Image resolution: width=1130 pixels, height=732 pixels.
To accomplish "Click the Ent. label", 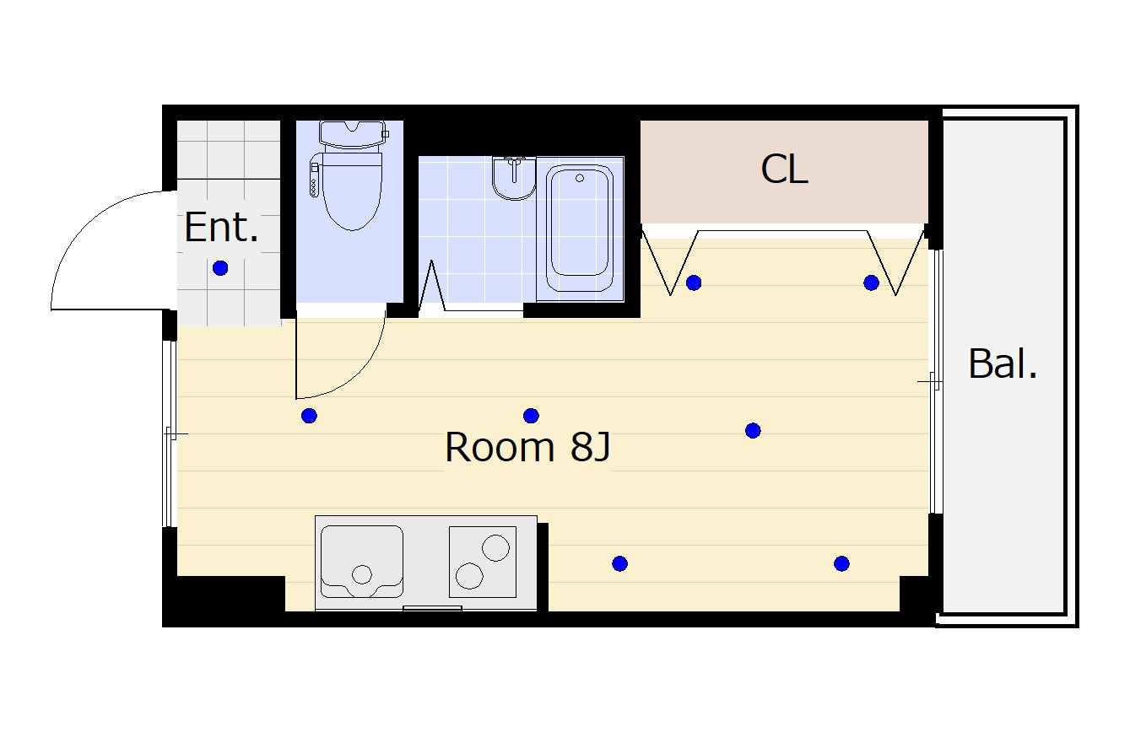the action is coord(221,227).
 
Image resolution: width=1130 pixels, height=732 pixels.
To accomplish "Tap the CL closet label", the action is coord(785,170).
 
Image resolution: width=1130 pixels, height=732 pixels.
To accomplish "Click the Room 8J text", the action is coord(527,447).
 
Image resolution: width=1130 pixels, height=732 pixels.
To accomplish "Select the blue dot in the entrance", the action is coord(220,267).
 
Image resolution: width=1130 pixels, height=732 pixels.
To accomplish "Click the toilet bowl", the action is coord(352,191).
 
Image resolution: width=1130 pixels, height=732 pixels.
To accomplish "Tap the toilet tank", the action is coord(353,133).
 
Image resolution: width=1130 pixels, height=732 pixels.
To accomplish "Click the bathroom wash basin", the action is coord(514,178).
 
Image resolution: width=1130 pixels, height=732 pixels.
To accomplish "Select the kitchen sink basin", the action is coord(362,562).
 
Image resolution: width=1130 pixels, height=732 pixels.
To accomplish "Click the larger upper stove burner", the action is coord(495,547).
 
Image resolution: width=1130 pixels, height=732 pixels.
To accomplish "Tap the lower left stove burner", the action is coord(469,576).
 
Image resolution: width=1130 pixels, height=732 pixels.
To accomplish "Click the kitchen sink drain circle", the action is coord(362,574).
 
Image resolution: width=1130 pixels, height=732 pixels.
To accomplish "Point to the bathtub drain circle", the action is coord(580,178).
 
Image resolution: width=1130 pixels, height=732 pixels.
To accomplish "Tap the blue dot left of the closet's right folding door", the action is coord(871,283).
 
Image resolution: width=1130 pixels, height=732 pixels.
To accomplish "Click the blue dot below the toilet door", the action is coord(309,416).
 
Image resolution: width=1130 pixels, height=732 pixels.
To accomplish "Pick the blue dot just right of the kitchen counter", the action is coord(620,563).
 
